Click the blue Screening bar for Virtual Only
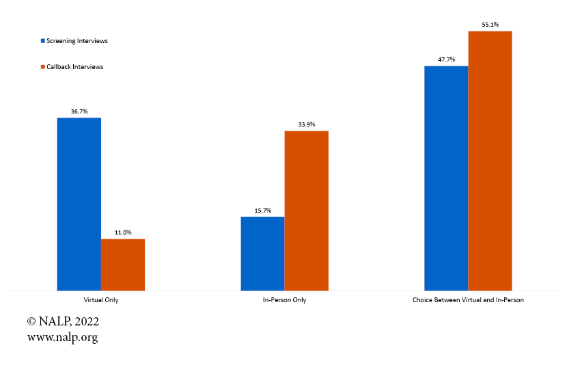pos(79,204)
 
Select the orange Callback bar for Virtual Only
pos(123,265)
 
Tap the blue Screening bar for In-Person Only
pos(262,253)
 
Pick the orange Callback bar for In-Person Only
pos(307,211)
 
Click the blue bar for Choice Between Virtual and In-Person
pos(446,178)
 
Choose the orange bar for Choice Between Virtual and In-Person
pos(490,161)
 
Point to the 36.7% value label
pos(79,111)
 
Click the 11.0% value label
pos(123,232)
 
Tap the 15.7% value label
pos(262,210)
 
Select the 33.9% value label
pos(307,124)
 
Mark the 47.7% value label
pos(446,59)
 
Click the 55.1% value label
pos(490,25)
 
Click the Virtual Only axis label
pos(101,300)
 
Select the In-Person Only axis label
pos(285,300)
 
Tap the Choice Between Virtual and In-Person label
pos(468,300)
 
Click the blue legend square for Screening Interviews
pos(43,41)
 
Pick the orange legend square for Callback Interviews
pos(43,67)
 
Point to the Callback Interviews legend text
pos(74,67)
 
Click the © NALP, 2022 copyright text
pos(63,321)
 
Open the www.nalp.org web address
pos(62,337)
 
